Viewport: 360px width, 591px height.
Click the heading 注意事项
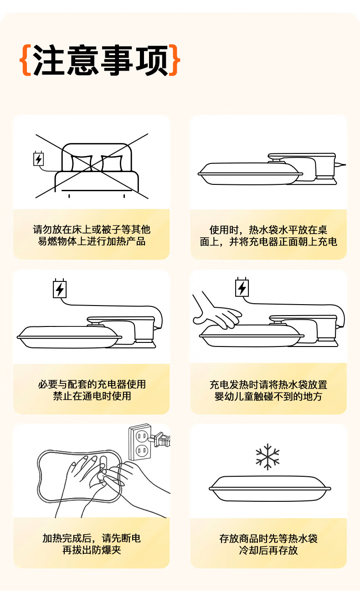pos(100,60)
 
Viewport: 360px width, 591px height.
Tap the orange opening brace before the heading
pos(26,60)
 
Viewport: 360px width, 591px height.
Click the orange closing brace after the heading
pos(175,60)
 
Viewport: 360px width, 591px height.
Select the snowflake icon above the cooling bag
pos(267,457)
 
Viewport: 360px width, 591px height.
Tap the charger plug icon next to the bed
pos(39,158)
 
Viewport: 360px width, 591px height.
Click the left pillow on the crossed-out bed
pos(82,163)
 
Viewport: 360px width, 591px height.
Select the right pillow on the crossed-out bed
pos(112,163)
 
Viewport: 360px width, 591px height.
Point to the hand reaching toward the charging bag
pos(216,311)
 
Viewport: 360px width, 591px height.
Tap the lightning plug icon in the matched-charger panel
pos(60,288)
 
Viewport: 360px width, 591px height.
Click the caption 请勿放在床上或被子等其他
pos(92,229)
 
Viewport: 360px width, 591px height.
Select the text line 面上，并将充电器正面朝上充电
pos(268,242)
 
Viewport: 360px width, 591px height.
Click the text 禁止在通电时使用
pos(92,396)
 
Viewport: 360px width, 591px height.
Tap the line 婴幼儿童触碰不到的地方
pos(268,396)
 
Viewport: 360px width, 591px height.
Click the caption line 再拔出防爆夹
pos(92,550)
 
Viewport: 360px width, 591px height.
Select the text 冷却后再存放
pos(268,550)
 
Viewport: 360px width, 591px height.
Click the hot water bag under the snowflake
pos(270,489)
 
